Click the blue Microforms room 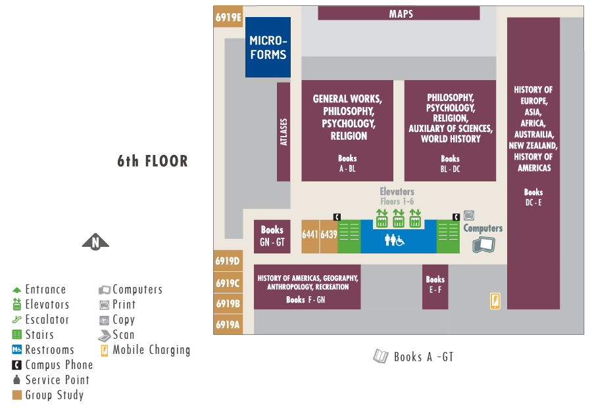[268, 47]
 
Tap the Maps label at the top [401, 14]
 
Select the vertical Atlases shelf [284, 131]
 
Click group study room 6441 [310, 236]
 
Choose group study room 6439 [328, 236]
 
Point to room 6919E [228, 18]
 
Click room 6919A [228, 324]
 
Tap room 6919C [228, 283]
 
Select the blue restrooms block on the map [398, 240]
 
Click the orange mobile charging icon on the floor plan [495, 300]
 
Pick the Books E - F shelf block [435, 287]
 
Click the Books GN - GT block [272, 236]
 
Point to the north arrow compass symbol [95, 242]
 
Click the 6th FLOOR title [153, 161]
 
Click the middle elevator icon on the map [398, 217]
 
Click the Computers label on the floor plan [483, 228]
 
